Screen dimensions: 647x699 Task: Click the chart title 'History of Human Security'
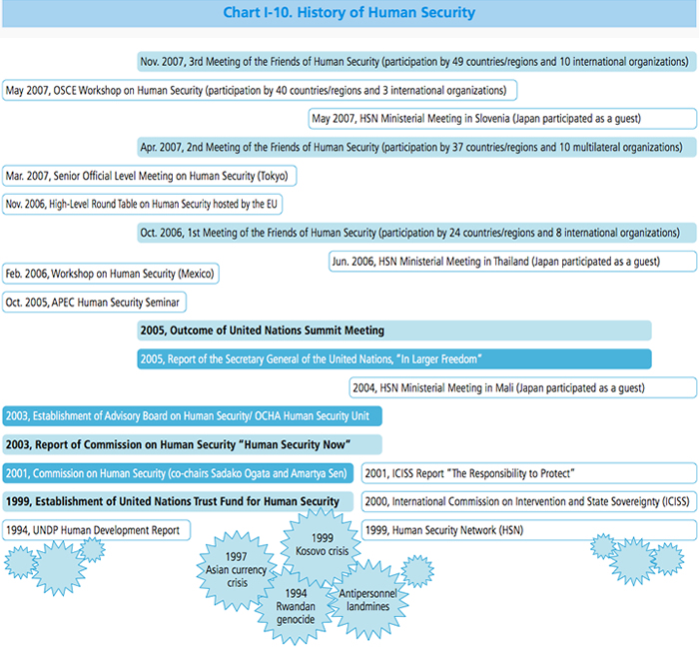pyautogui.click(x=349, y=13)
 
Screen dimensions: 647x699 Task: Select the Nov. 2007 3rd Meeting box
pyautogui.click(x=416, y=61)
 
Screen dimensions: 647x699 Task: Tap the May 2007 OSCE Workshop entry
pyautogui.click(x=260, y=90)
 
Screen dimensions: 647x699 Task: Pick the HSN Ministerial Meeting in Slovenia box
pyautogui.click(x=502, y=119)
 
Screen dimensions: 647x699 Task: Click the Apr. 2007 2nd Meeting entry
pyautogui.click(x=416, y=148)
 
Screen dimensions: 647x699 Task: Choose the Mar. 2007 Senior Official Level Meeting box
pyautogui.click(x=150, y=176)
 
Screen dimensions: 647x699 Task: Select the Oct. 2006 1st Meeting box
pyautogui.click(x=416, y=234)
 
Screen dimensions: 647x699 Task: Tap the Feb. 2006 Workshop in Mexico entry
pyautogui.click(x=110, y=274)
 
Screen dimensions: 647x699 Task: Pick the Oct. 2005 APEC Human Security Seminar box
pyautogui.click(x=96, y=302)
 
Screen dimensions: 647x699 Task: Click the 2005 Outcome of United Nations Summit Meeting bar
pyautogui.click(x=394, y=330)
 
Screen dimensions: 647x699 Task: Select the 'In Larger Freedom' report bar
pyautogui.click(x=394, y=358)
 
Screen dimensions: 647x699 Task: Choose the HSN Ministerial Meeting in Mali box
pyautogui.click(x=522, y=387)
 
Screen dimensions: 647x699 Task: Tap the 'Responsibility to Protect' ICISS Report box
pyautogui.click(x=528, y=472)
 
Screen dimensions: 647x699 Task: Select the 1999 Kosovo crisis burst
pyautogui.click(x=315, y=544)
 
